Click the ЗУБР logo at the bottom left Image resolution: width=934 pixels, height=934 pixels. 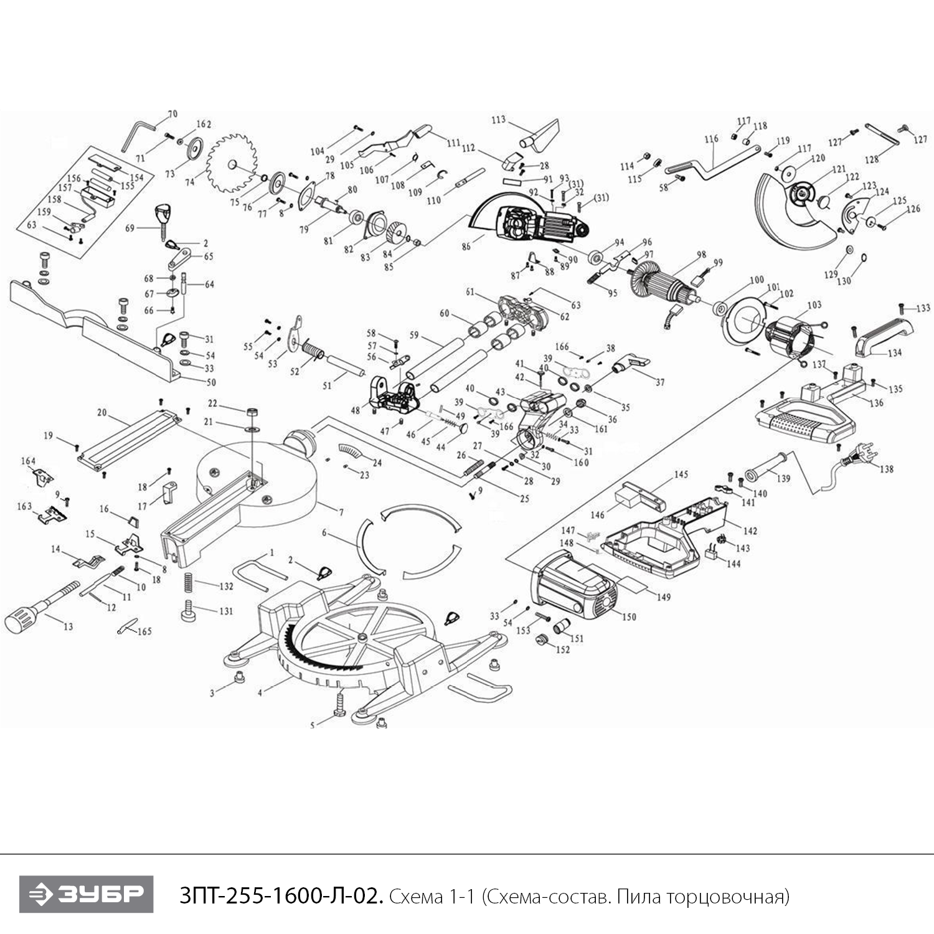point(86,894)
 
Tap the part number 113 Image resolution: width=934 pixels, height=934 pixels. point(498,120)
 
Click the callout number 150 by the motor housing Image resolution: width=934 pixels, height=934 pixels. point(629,616)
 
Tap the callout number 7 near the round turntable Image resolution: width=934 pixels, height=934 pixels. point(341,512)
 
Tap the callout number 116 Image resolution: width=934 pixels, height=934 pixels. point(711,139)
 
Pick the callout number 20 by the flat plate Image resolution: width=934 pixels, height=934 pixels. point(102,412)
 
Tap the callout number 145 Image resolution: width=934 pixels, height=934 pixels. point(681,474)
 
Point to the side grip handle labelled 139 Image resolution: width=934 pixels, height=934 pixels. point(769,468)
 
